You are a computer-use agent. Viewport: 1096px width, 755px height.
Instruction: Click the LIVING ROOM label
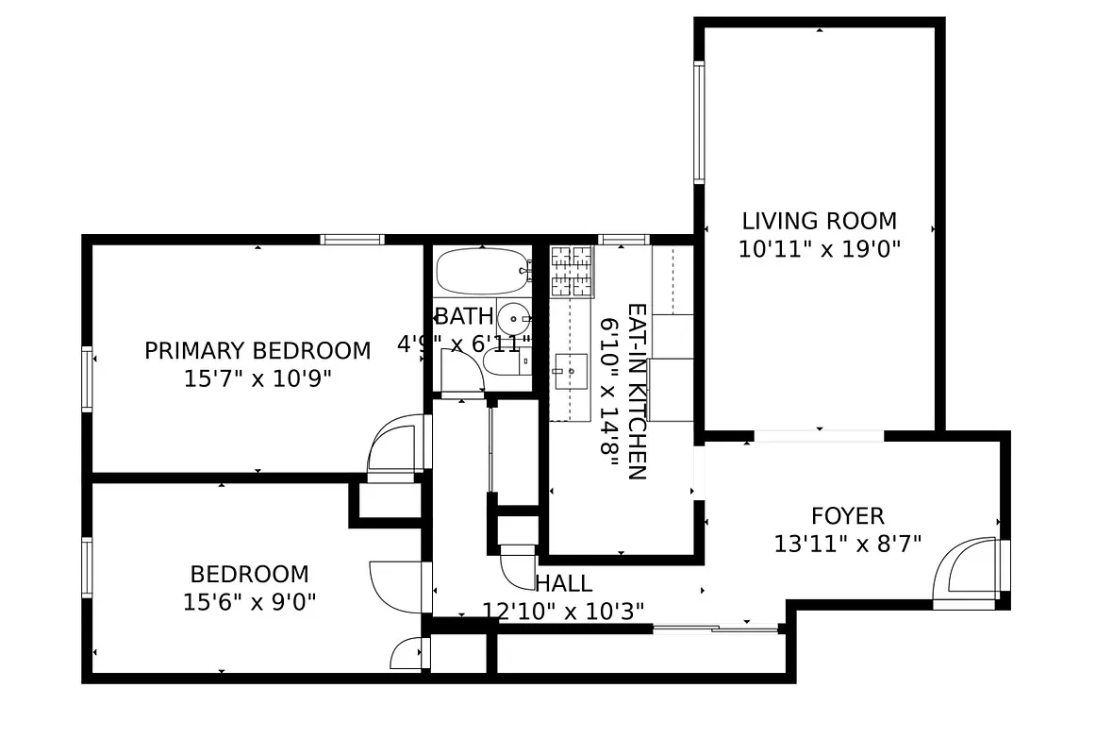pos(819,222)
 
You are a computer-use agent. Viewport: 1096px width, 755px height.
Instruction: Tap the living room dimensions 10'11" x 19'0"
pos(819,249)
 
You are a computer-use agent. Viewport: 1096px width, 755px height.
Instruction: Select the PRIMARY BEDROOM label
pos(257,351)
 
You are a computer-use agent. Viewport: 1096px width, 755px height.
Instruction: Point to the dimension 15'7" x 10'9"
pos(257,378)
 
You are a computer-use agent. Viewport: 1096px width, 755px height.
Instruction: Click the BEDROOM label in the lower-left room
pos(249,574)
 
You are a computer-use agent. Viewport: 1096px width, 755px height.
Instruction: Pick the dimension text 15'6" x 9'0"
pos(249,601)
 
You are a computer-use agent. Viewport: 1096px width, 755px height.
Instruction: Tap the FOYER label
pos(847,516)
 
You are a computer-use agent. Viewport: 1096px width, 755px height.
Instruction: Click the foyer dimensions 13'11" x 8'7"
pos(847,544)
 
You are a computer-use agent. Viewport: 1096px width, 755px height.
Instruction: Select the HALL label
pos(563,583)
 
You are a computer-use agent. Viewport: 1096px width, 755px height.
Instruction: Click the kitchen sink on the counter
pos(570,371)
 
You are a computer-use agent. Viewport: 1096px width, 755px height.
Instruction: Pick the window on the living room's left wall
pos(699,121)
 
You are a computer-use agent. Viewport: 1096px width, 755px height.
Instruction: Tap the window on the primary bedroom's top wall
pos(352,239)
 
